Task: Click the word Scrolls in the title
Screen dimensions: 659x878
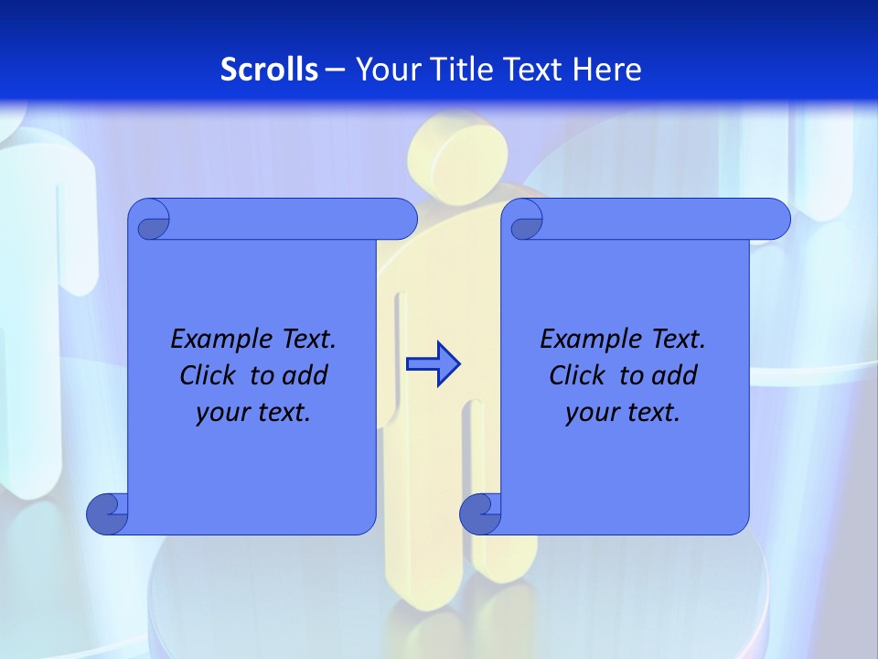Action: click(270, 70)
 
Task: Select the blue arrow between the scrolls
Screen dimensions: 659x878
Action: click(433, 364)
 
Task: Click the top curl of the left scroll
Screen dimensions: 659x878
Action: click(149, 221)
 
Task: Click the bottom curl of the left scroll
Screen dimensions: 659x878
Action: click(107, 513)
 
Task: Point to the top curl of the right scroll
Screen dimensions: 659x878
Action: click(523, 221)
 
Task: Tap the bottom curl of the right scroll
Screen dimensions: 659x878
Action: click(480, 513)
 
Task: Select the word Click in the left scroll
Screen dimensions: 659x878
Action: click(206, 375)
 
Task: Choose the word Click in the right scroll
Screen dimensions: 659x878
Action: click(576, 375)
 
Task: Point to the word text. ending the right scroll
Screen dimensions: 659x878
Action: click(653, 413)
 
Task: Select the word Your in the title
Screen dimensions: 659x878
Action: click(384, 70)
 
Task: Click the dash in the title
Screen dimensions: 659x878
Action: click(335, 70)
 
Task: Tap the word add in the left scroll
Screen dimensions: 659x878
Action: click(305, 375)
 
